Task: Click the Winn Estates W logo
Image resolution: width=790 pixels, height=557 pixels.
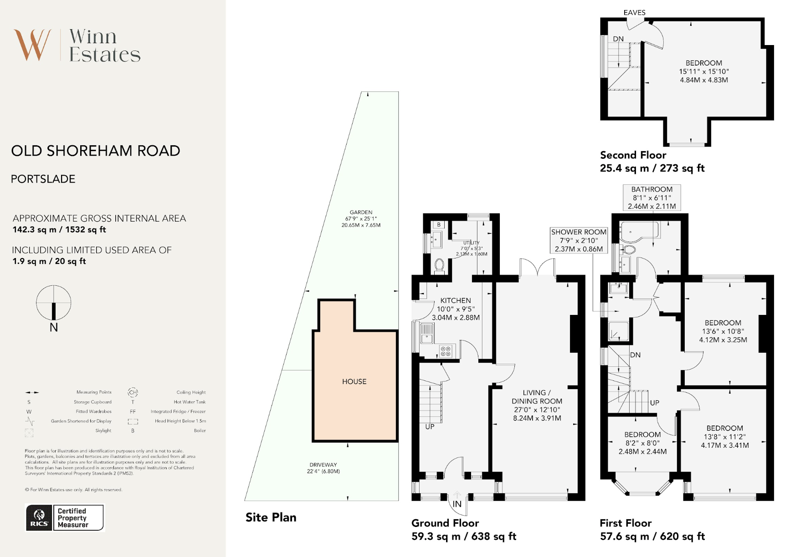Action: (32, 45)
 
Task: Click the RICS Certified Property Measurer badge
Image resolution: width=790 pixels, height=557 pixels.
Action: (65, 518)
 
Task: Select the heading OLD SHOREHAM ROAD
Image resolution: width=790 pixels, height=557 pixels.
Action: (96, 151)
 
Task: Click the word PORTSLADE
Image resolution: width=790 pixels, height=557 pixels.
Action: (43, 179)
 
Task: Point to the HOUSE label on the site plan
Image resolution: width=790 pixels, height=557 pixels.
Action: (354, 381)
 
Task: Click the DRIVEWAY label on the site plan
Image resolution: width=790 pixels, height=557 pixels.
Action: (323, 465)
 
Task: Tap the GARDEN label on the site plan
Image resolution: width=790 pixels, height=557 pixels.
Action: (361, 212)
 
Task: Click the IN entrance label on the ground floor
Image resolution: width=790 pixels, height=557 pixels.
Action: (457, 504)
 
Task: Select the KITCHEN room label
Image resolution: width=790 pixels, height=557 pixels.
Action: (456, 300)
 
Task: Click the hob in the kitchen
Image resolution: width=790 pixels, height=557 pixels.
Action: (446, 351)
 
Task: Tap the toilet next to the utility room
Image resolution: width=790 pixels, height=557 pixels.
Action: (440, 265)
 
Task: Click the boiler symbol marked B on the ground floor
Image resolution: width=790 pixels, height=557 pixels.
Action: (439, 225)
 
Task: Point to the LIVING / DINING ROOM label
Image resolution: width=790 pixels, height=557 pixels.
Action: (537, 397)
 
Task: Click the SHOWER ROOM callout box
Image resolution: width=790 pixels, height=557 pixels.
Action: (579, 240)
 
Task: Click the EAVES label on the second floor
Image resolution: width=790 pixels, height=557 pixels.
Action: (635, 13)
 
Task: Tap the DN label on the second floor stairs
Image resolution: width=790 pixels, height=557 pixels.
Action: (618, 39)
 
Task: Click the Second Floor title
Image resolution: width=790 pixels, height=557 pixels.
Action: (633, 155)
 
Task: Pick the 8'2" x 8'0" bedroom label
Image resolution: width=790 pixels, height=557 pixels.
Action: (642, 443)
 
